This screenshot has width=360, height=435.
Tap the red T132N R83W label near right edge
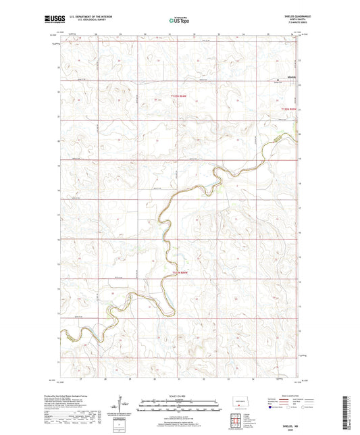pyautogui.click(x=289, y=107)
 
